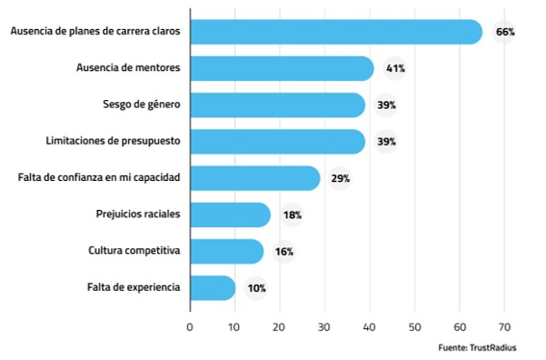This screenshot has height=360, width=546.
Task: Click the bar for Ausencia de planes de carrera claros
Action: [335, 32]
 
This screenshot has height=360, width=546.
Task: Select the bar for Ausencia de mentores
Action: [281, 68]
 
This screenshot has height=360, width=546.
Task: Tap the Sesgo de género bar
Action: [277, 105]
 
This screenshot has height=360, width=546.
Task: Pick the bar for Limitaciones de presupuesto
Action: [277, 141]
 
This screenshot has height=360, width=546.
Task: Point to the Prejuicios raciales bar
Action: [230, 215]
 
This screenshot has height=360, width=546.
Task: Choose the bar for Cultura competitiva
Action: [226, 251]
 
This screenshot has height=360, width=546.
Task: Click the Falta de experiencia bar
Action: [213, 287]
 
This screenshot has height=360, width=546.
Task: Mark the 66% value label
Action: [505, 32]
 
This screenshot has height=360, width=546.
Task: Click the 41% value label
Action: [395, 68]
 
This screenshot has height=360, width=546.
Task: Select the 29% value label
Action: [340, 178]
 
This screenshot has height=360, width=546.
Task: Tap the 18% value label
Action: [292, 215]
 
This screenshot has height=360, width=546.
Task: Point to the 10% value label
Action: [256, 287]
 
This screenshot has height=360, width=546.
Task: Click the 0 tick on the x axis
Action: [190, 327]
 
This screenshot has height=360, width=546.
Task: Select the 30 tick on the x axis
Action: [325, 327]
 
